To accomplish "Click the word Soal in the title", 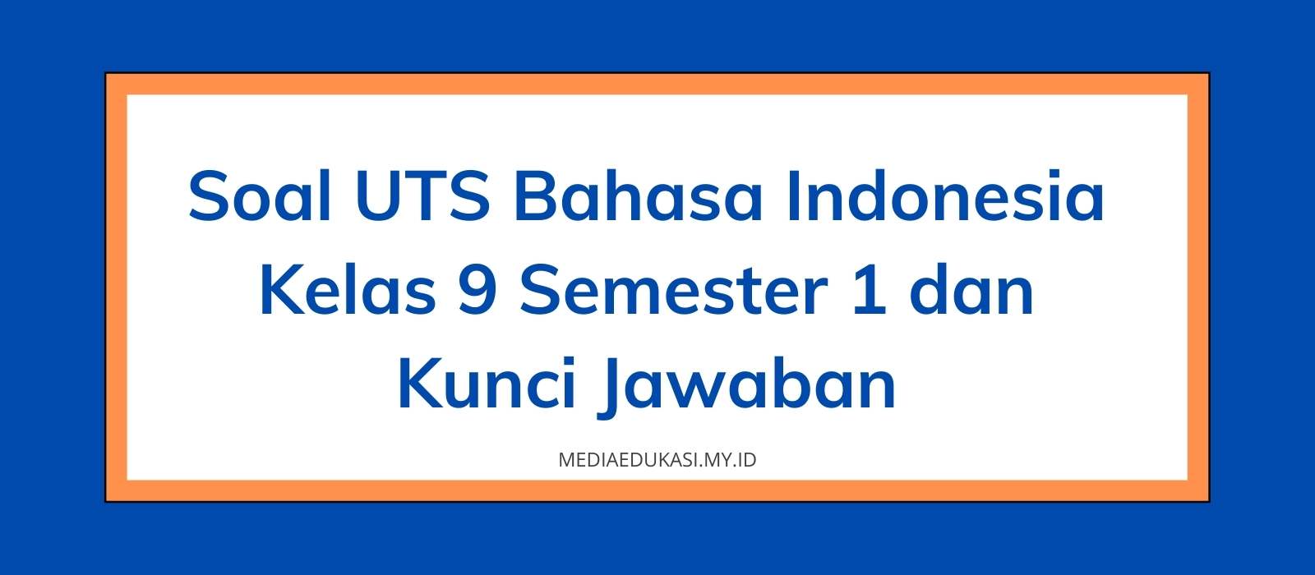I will coord(259,197).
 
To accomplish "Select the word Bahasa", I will coord(638,197).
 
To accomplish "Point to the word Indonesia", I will coord(945,197).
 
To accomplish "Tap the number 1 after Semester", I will coord(869,292).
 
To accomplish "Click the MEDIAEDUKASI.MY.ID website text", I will coord(657,460).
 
